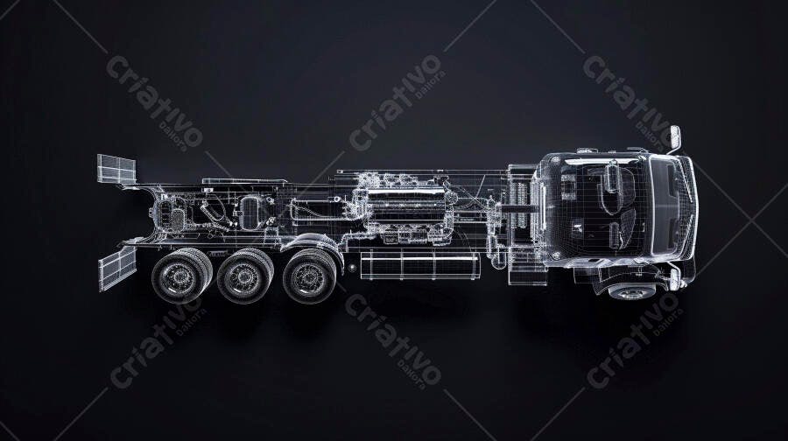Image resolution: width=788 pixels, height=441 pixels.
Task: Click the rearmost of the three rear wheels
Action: [x=179, y=276]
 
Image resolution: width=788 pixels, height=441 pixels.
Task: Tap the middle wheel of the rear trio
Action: [x=244, y=276]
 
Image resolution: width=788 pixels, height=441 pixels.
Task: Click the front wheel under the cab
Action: [x=632, y=291]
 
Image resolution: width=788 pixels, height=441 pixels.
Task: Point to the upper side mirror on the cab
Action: [x=675, y=137]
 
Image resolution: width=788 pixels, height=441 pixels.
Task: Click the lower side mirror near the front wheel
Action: [x=674, y=279]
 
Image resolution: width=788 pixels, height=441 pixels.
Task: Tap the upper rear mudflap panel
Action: [x=116, y=169]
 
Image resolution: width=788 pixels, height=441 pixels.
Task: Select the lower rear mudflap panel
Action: [x=117, y=268]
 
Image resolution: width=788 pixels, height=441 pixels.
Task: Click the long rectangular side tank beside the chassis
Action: [x=420, y=265]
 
